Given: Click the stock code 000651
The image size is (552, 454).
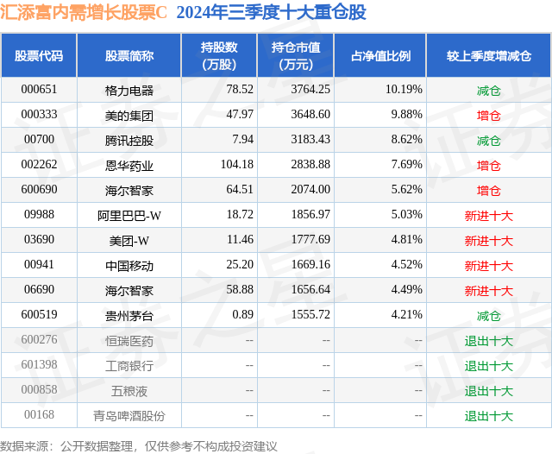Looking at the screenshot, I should tap(39, 89).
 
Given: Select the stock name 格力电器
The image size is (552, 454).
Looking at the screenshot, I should tap(129, 89).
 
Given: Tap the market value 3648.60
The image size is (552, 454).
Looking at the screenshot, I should tap(311, 114).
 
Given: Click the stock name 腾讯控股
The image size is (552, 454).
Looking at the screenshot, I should tap(129, 140).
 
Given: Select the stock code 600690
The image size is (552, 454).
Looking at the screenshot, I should tap(39, 190).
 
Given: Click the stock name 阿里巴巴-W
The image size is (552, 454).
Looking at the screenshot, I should tap(129, 215).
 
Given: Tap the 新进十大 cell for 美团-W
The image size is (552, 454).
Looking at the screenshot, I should tap(488, 241).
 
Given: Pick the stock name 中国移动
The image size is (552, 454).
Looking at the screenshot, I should tap(129, 266).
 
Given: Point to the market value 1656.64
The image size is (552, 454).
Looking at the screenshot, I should tap(311, 290).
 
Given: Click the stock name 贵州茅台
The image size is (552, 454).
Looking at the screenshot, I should tap(129, 315).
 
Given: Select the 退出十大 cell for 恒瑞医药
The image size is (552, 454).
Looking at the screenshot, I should tap(488, 341).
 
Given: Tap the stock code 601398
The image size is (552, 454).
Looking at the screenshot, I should tap(39, 365).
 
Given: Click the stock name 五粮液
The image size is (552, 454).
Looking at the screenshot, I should tap(129, 390).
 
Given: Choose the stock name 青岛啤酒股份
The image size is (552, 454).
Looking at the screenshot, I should tap(129, 415).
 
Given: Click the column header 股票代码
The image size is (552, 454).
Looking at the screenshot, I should tap(39, 56).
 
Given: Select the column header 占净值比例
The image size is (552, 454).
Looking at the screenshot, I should tap(380, 56).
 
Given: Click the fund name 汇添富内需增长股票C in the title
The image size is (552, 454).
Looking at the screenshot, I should tap(85, 12).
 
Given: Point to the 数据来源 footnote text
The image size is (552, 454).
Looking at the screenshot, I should tap(139, 445).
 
